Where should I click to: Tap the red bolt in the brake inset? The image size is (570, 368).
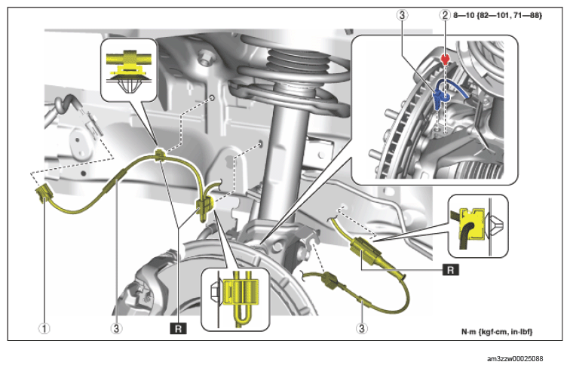click(446, 58)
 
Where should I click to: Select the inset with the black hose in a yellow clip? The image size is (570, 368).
click(477, 225)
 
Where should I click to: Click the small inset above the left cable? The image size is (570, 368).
click(128, 71)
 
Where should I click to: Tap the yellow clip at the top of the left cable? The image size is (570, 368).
click(159, 157)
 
